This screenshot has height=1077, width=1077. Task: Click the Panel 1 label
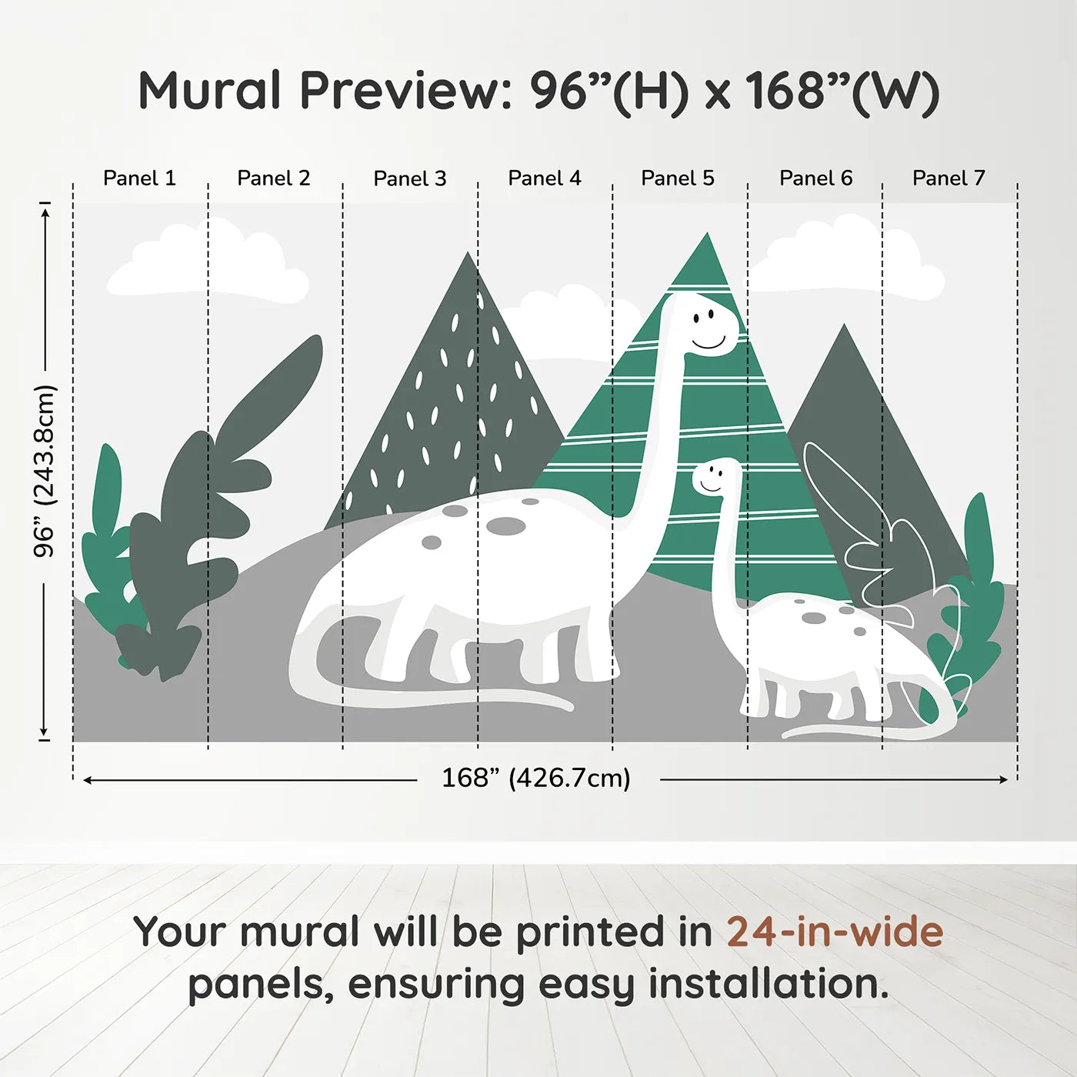[139, 178]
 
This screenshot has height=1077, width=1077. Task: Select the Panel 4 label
[545, 178]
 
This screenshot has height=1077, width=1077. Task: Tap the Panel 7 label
[949, 178]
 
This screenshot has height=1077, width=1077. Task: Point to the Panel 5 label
[678, 178]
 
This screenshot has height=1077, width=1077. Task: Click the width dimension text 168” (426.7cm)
[536, 779]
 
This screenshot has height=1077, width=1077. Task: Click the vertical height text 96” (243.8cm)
[45, 471]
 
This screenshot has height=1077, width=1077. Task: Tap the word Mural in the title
[209, 91]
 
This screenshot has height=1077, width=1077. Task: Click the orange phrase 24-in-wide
[835, 932]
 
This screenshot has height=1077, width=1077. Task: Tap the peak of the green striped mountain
[706, 238]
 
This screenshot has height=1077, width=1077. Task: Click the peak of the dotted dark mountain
[467, 258]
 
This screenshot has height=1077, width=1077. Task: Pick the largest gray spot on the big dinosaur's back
[505, 526]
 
